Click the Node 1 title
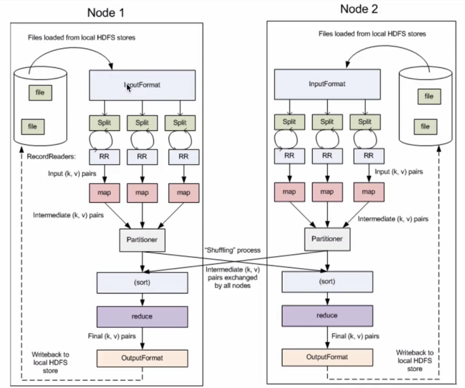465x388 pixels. (x=105, y=13)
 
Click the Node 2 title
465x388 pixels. (x=359, y=9)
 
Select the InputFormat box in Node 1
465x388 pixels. (x=142, y=85)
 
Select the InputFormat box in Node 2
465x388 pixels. (x=327, y=84)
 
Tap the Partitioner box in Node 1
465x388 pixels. (x=142, y=240)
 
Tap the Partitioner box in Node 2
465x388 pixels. (x=327, y=239)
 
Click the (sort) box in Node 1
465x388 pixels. (x=142, y=283)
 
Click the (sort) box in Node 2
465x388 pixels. (x=327, y=282)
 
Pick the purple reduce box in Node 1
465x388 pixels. (x=142, y=316)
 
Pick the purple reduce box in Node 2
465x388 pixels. (x=327, y=316)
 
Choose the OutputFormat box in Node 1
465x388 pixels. (x=142, y=358)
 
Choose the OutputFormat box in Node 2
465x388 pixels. (x=327, y=357)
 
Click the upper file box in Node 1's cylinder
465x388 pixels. (x=40, y=93)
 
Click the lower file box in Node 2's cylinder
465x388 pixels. (x=425, y=126)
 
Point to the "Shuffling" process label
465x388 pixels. (x=232, y=250)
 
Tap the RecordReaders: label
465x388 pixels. (x=51, y=156)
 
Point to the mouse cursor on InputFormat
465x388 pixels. (x=128, y=87)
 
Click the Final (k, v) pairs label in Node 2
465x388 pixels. (x=355, y=336)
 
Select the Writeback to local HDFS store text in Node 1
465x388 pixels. (x=50, y=363)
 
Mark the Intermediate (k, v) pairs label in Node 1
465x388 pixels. (x=68, y=215)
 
